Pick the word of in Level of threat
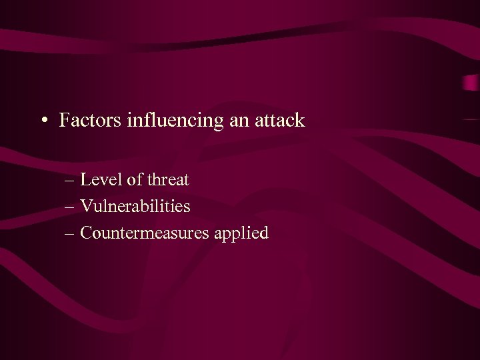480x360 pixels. click(131, 180)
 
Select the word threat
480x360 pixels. click(167, 180)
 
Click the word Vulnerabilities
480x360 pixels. click(135, 207)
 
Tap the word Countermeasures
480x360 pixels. click(145, 233)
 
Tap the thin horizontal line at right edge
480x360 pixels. click(471, 119)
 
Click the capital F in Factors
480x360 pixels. click(64, 121)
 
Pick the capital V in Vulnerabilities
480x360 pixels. click(85, 207)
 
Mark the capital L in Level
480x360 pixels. click(85, 180)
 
